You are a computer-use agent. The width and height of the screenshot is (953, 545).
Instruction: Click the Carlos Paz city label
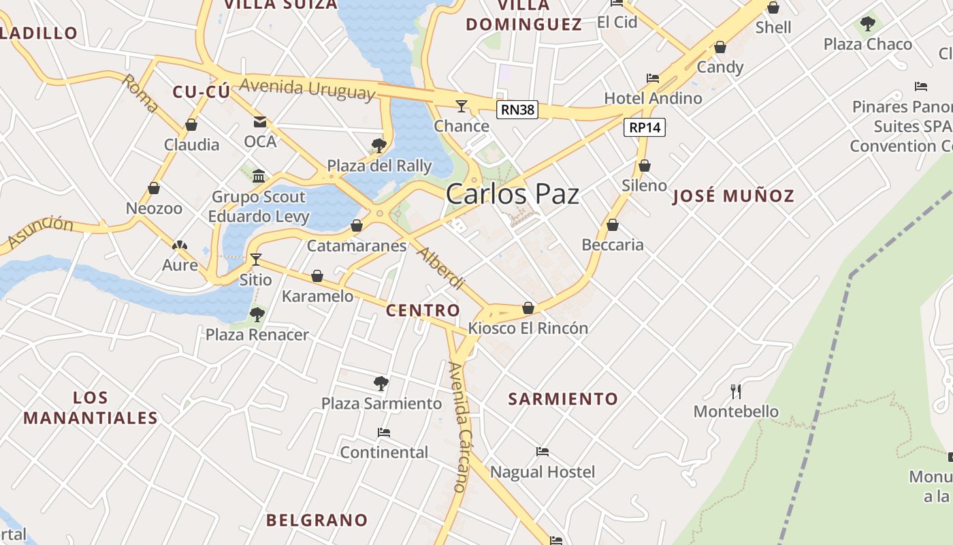(x=512, y=194)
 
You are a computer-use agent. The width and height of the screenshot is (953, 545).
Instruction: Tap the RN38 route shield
(x=517, y=110)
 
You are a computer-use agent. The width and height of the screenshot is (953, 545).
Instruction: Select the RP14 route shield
(x=645, y=127)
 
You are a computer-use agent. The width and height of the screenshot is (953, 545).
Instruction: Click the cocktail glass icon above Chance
(x=462, y=106)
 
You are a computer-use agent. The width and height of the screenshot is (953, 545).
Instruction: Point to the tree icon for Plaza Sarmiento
(x=381, y=384)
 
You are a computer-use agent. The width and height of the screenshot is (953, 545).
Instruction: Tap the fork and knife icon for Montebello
(x=735, y=391)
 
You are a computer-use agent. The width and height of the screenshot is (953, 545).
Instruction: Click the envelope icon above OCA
(x=260, y=122)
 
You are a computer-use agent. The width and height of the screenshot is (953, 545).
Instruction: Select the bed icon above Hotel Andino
(x=652, y=78)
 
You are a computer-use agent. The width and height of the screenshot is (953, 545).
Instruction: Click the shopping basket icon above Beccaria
(x=613, y=225)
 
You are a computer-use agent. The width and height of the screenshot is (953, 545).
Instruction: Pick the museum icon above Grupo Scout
(x=258, y=176)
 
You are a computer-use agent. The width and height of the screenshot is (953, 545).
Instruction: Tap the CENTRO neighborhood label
(x=423, y=311)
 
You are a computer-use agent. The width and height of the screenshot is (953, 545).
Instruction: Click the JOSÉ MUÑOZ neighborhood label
(x=733, y=196)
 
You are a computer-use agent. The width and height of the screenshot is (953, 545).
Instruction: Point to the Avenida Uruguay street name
(x=307, y=89)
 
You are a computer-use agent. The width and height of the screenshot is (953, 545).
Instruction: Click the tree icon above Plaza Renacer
(x=257, y=314)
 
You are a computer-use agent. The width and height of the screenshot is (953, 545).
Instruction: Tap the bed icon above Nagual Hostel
(x=542, y=452)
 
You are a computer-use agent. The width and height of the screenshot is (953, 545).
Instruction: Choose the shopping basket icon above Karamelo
(x=317, y=276)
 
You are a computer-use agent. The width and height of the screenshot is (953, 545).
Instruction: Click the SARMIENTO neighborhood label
(x=563, y=399)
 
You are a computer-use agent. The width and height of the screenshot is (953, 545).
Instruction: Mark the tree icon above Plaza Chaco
(x=867, y=25)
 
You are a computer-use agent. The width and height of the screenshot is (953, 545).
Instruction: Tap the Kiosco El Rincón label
(x=528, y=328)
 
